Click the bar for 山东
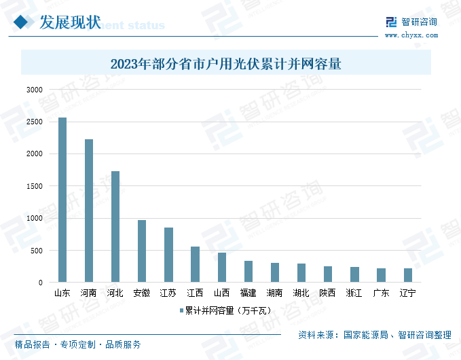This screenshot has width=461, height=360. (x=62, y=200)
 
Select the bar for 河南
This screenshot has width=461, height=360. (x=89, y=211)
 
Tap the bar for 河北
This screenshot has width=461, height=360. (x=115, y=226)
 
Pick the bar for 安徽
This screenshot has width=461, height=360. (x=142, y=251)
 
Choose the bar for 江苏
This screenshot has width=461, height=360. (x=168, y=255)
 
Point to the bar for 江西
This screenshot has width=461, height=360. (x=195, y=264)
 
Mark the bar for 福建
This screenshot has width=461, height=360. (x=248, y=271)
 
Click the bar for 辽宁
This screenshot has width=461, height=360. (x=408, y=275)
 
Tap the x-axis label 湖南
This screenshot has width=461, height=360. (x=275, y=293)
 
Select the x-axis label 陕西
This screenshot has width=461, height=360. (x=328, y=293)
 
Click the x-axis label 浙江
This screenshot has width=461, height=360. (x=354, y=293)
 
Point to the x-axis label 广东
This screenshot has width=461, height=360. (x=381, y=293)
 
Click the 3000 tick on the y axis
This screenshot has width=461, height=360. (x=34, y=90)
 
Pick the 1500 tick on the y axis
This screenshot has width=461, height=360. (x=34, y=186)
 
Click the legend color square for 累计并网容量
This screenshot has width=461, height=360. (x=181, y=310)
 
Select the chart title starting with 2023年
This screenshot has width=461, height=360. (x=225, y=65)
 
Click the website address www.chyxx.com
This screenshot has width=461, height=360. (x=411, y=34)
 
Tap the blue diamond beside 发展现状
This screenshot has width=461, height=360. (x=23, y=22)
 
